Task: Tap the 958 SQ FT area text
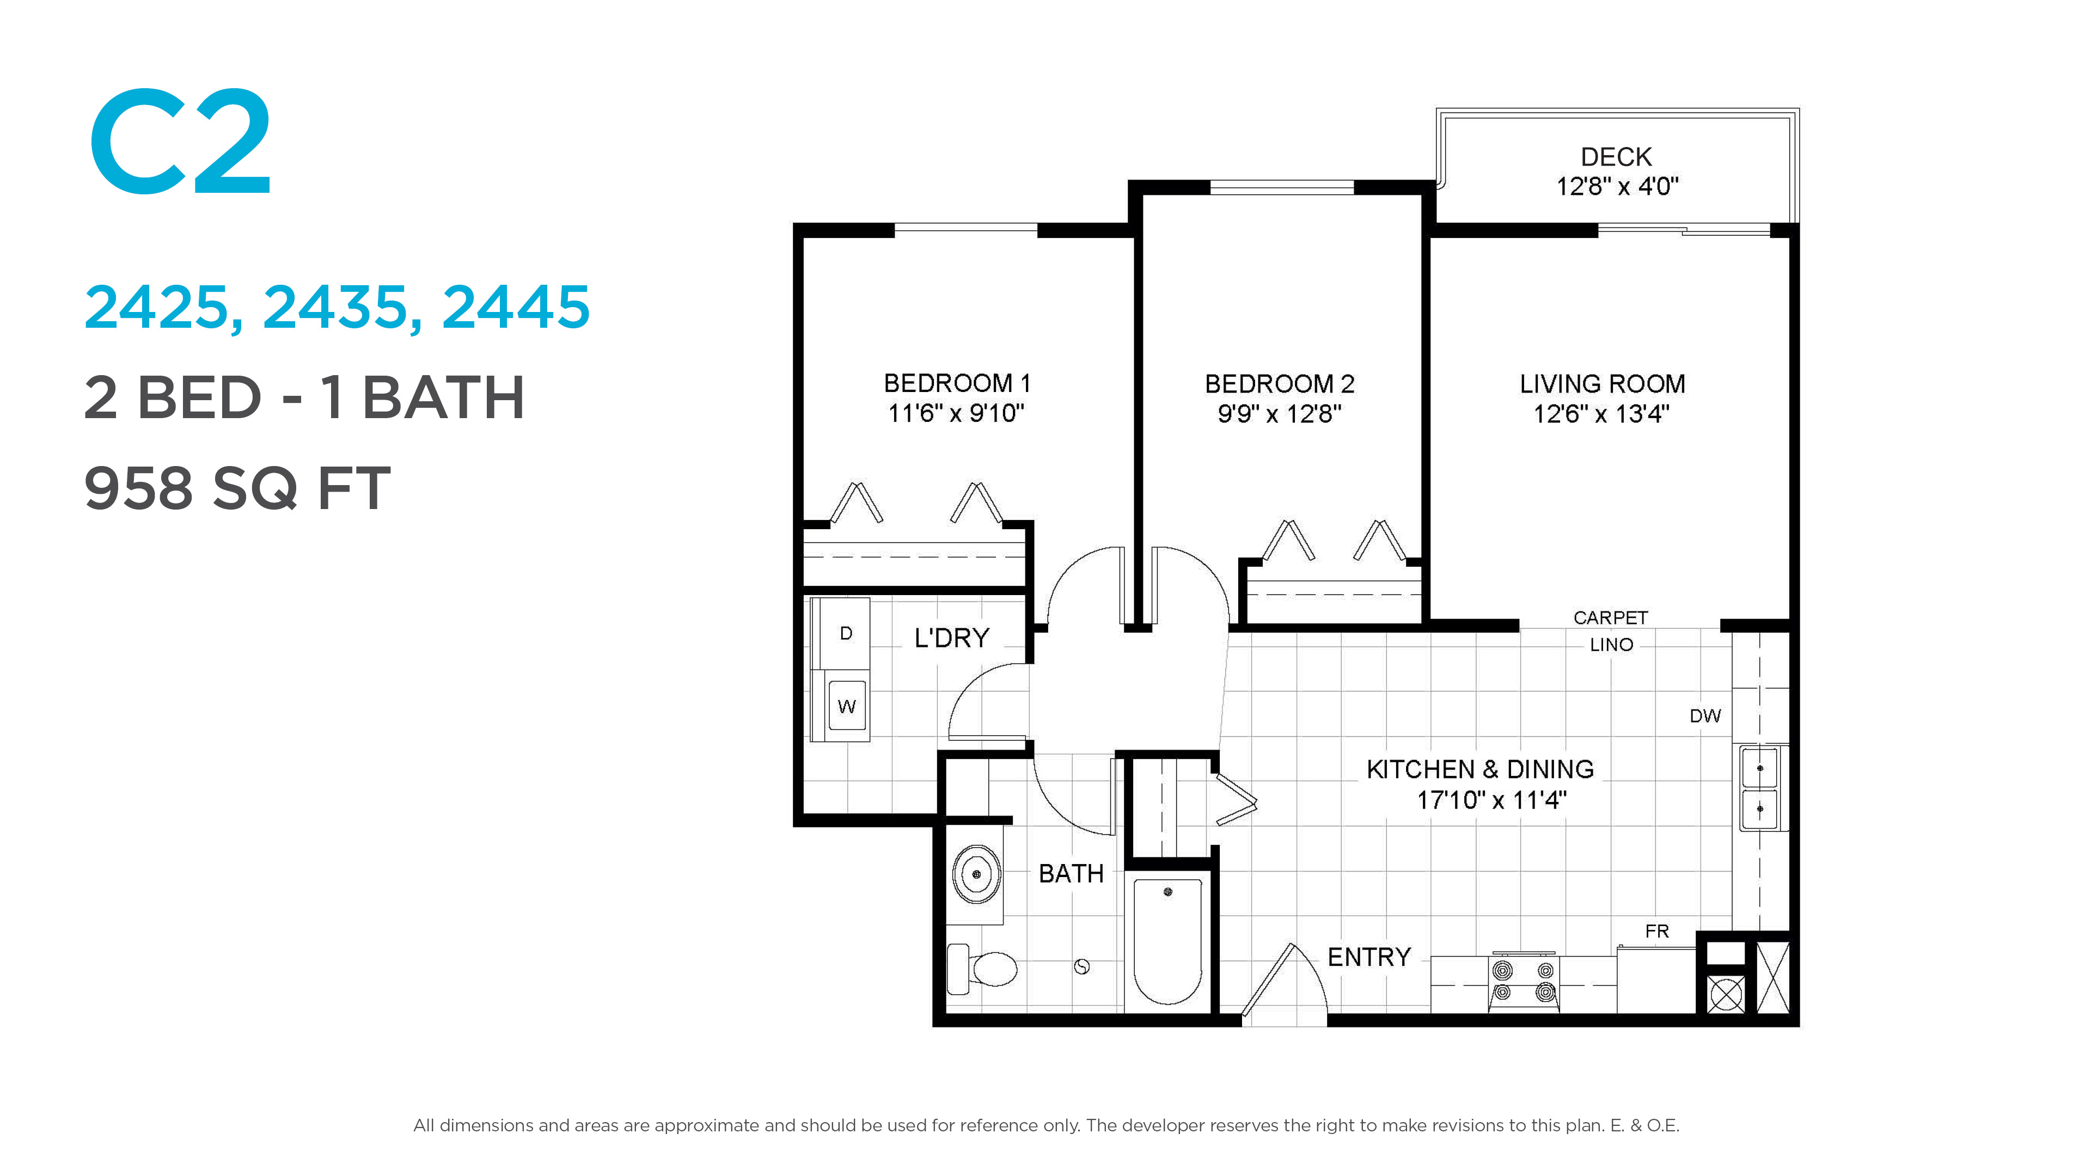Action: [x=237, y=488]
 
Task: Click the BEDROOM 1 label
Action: [x=957, y=383]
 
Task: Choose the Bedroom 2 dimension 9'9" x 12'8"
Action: [x=1279, y=414]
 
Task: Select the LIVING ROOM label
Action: [x=1603, y=384]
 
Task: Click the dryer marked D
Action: [x=845, y=633]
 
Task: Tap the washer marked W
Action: [x=847, y=705]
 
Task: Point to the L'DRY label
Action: [x=951, y=638]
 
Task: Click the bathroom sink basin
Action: [x=976, y=874]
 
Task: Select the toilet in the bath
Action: [x=982, y=967]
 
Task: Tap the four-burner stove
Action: [x=1524, y=982]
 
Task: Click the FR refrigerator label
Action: [x=1656, y=931]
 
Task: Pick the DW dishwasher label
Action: [x=1704, y=716]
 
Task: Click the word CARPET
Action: [x=1611, y=617]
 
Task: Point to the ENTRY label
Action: [x=1369, y=958]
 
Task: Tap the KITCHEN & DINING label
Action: [x=1480, y=769]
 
